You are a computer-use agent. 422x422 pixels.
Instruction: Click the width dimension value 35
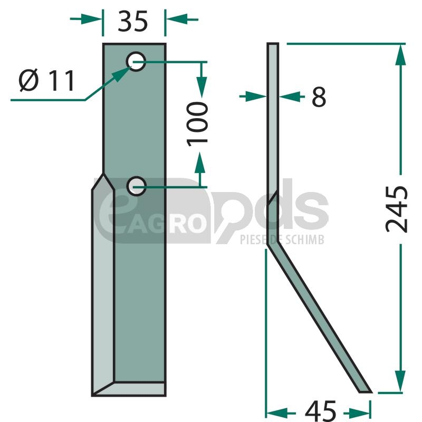coord(133,21)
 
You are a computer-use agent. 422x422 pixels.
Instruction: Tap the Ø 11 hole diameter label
coord(46,80)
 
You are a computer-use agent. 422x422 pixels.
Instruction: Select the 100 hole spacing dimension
coord(197,124)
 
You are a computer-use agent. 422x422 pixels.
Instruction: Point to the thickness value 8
coord(319,97)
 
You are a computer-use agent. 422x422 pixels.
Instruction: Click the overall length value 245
coord(397,209)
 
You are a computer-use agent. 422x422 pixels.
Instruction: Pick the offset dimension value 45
coord(321,411)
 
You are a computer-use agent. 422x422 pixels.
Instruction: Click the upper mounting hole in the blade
coord(136,62)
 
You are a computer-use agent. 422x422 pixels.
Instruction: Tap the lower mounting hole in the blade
coord(136,186)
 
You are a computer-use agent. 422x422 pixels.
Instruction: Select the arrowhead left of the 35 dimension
coord(91,19)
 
